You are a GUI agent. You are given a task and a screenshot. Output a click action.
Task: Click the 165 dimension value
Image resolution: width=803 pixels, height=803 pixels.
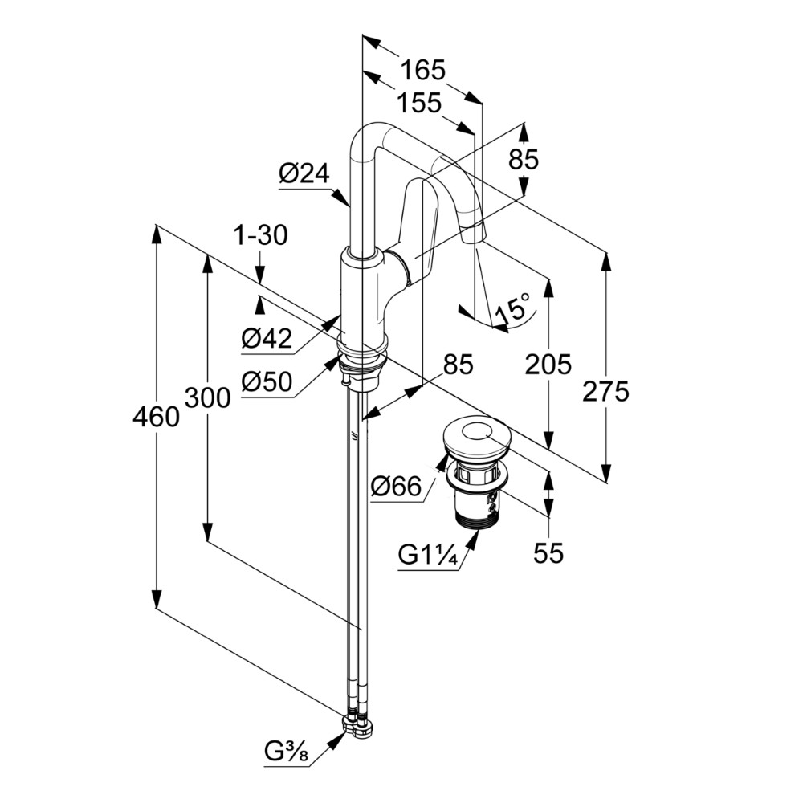[x=423, y=70]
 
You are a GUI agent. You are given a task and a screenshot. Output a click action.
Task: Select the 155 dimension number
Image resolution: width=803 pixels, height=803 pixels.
[x=419, y=103]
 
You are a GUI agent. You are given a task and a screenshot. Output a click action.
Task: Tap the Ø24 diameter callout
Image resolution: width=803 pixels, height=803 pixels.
[x=304, y=174]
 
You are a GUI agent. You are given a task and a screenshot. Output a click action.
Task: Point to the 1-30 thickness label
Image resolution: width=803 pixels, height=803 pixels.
[x=261, y=235]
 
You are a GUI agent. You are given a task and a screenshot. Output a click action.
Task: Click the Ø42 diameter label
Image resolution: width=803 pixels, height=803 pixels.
[x=267, y=339]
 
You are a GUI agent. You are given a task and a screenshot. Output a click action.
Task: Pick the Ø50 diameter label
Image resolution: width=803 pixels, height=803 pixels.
[x=267, y=381]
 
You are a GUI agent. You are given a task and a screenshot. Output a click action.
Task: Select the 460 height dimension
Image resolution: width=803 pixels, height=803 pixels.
[x=157, y=417]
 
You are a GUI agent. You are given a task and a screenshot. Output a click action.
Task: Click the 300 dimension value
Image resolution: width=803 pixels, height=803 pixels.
[x=207, y=397]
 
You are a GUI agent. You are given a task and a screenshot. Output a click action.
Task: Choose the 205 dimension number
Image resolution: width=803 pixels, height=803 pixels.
[x=548, y=365]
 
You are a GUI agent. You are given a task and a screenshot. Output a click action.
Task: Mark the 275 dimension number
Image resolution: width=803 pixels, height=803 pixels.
[x=605, y=393]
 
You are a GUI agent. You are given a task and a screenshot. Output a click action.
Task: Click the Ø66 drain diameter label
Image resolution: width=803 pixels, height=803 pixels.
[x=396, y=486]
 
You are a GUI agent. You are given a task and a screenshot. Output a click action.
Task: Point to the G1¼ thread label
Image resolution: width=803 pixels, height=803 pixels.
[x=427, y=555]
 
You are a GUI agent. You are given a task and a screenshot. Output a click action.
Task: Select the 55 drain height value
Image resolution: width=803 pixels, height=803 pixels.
[x=548, y=553]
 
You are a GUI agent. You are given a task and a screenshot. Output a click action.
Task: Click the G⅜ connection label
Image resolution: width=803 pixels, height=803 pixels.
[x=287, y=752]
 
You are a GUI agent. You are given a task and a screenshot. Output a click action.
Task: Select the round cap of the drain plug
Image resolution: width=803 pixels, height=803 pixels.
[x=476, y=436]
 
